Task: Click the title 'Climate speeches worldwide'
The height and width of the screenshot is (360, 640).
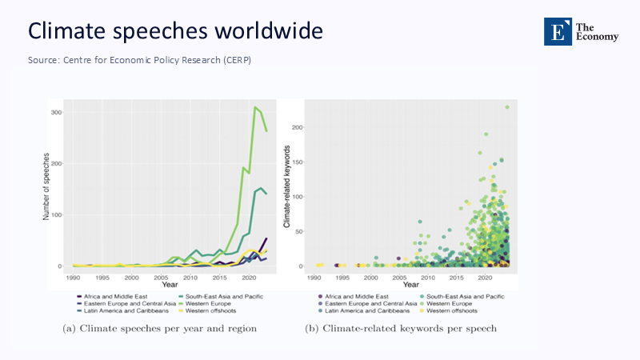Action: [x=175, y=31]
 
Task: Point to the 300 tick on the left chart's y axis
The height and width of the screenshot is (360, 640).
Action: [x=56, y=112]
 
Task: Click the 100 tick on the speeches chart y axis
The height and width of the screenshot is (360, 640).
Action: [x=56, y=214]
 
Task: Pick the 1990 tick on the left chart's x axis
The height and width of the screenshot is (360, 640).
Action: [x=74, y=277]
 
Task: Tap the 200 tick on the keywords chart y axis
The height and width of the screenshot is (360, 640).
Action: [x=299, y=127]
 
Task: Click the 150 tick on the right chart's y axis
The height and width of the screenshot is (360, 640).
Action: [x=299, y=162]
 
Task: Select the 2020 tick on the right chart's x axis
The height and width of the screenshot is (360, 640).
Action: [x=483, y=277]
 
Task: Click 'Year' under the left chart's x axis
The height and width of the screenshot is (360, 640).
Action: [x=170, y=285]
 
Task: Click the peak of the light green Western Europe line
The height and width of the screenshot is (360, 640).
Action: [x=255, y=107]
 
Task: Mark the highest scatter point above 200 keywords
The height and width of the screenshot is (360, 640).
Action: [x=507, y=106]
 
